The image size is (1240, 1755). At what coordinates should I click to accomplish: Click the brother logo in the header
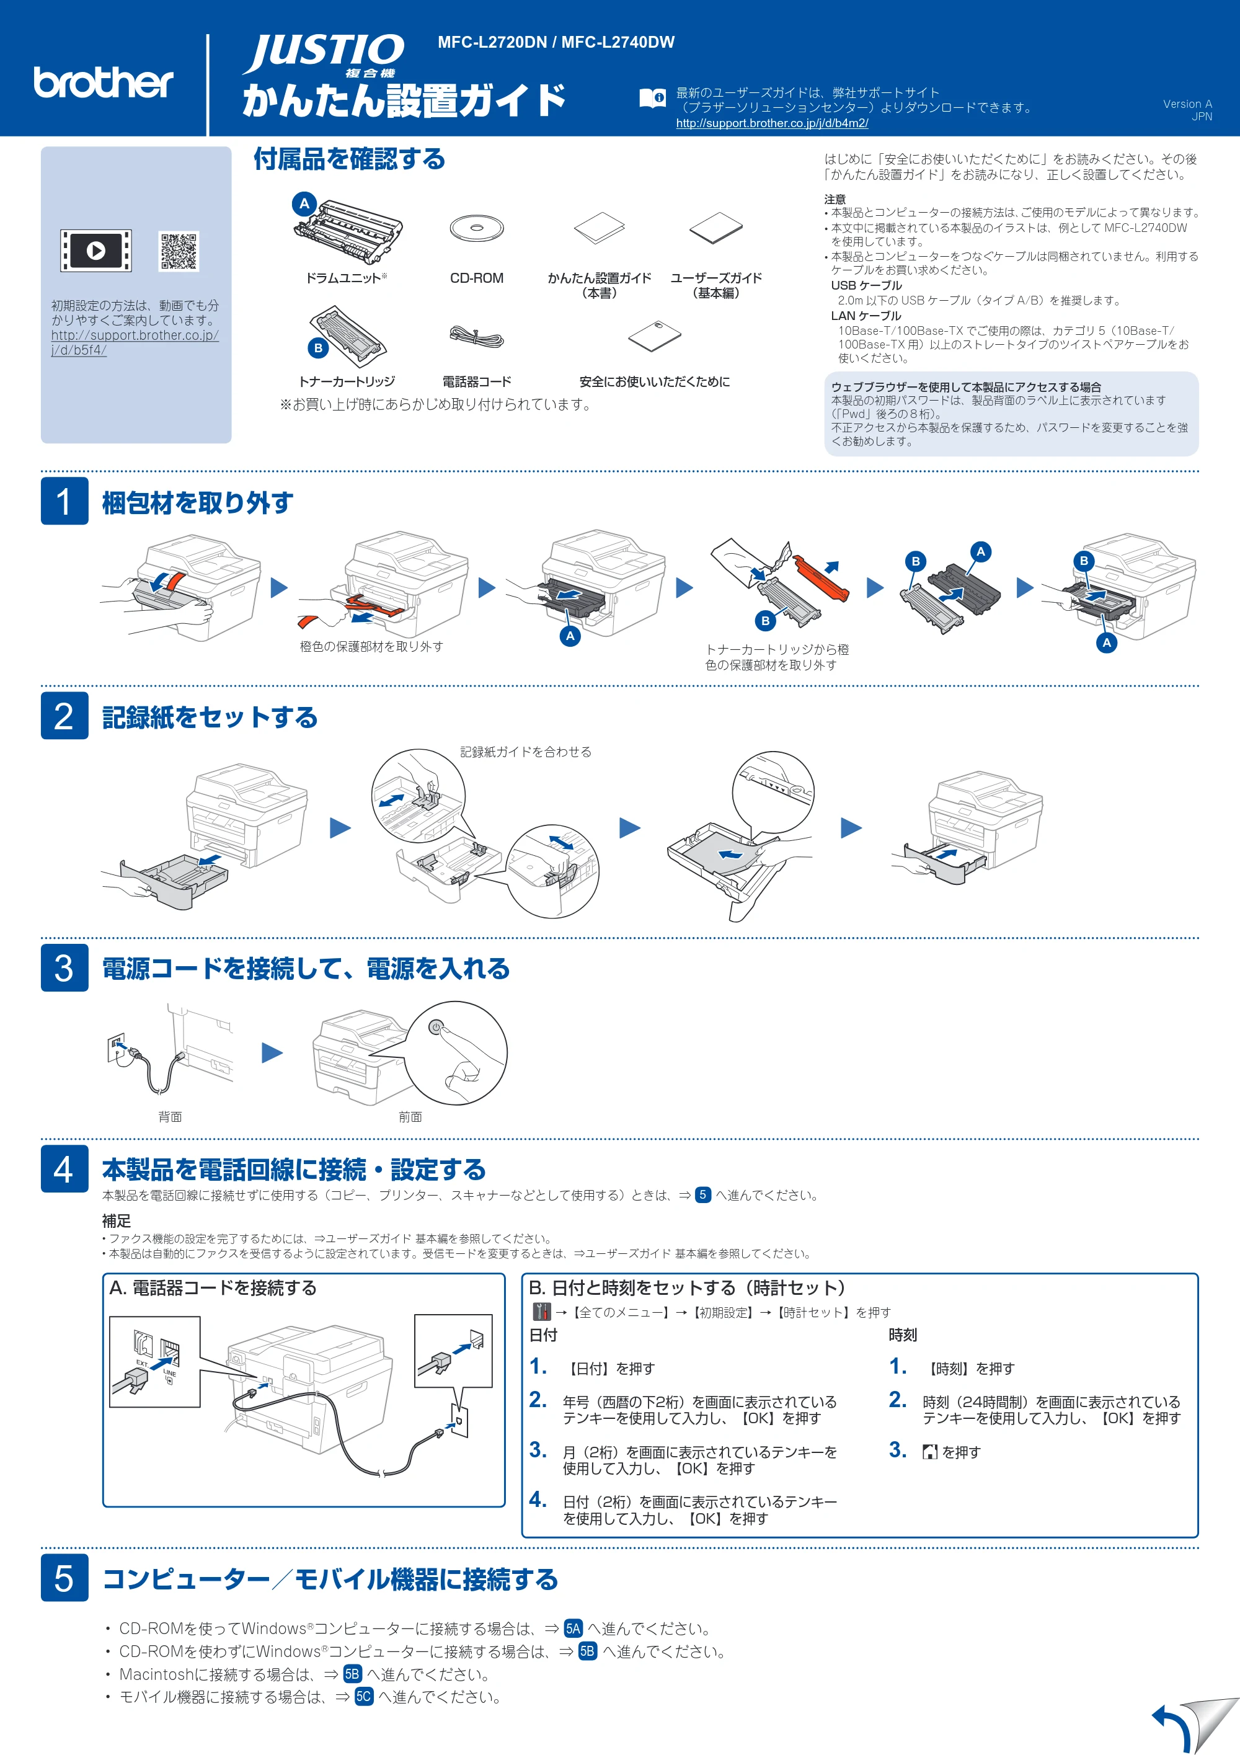click(103, 82)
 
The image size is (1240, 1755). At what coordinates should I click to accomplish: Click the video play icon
click(96, 251)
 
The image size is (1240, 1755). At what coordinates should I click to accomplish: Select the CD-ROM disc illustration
click(477, 228)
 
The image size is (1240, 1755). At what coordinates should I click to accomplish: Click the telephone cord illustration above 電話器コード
click(477, 336)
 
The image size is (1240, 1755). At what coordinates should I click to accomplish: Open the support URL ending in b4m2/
click(772, 123)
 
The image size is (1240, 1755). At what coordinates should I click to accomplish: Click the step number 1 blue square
click(64, 502)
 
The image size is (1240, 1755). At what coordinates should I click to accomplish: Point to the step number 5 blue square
click(64, 1578)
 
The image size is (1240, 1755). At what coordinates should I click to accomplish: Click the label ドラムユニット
click(343, 278)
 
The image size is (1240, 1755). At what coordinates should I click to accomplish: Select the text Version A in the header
click(1187, 104)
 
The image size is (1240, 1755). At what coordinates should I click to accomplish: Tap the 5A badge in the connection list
click(573, 1629)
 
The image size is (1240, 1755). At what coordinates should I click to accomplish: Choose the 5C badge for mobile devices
click(364, 1697)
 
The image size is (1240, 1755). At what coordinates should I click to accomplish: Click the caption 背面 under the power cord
click(170, 1117)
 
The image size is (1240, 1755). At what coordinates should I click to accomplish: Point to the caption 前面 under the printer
click(410, 1117)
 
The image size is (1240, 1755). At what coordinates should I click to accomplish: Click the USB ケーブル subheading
click(866, 285)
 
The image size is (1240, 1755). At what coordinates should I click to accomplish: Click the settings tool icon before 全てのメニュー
click(542, 1312)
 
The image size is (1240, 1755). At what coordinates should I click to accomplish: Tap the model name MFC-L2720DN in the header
click(492, 42)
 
